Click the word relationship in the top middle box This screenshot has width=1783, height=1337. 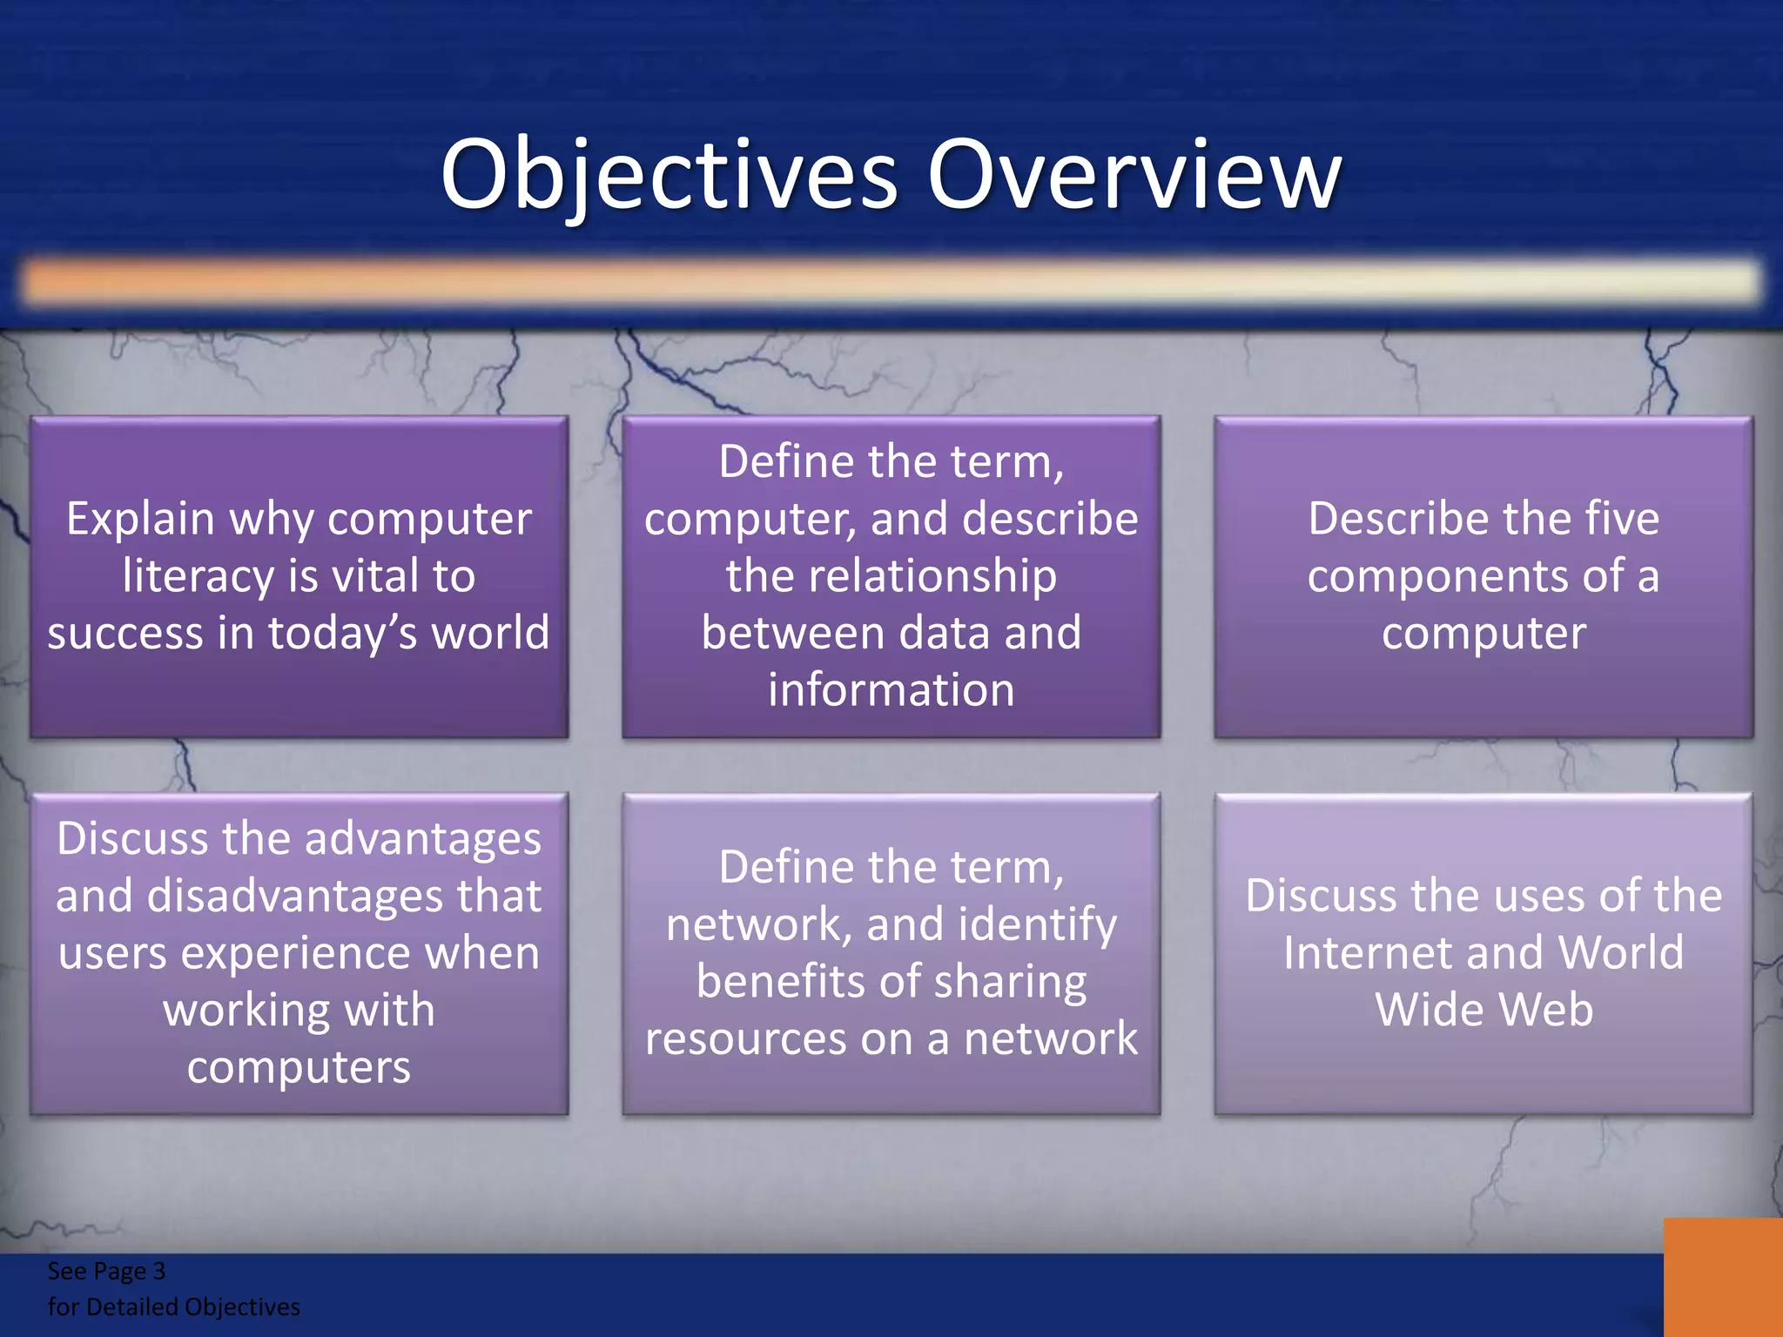click(891, 576)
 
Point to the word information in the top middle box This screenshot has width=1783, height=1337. click(891, 690)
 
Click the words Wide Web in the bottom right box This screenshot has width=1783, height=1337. click(1484, 1010)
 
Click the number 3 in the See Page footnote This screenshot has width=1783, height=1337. click(158, 1272)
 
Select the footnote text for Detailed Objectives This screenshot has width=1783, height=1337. click(173, 1307)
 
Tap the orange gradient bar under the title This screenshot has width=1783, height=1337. click(891, 281)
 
